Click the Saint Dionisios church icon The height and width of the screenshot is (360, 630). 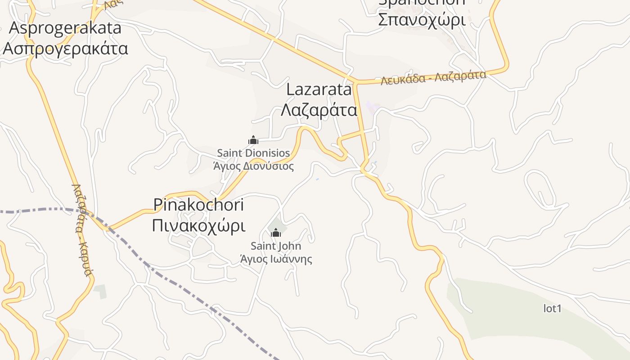(253, 140)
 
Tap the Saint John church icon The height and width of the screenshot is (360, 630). (276, 233)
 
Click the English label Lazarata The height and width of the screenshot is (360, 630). (319, 90)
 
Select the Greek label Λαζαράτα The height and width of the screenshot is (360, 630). (319, 110)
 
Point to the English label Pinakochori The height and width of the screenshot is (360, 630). (198, 205)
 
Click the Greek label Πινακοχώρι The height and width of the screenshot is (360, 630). (198, 225)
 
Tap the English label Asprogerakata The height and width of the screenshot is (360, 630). (65, 28)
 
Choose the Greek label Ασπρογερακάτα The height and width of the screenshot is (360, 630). (65, 48)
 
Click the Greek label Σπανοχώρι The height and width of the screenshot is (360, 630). (421, 19)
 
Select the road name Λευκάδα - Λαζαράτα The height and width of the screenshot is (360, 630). (433, 77)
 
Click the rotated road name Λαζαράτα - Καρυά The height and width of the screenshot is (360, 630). (82, 229)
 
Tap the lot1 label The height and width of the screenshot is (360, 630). (553, 309)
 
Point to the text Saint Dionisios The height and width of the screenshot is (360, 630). (253, 153)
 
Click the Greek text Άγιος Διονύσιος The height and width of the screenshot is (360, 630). (253, 166)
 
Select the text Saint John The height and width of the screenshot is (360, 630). (276, 246)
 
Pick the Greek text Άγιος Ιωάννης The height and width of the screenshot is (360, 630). (276, 259)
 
